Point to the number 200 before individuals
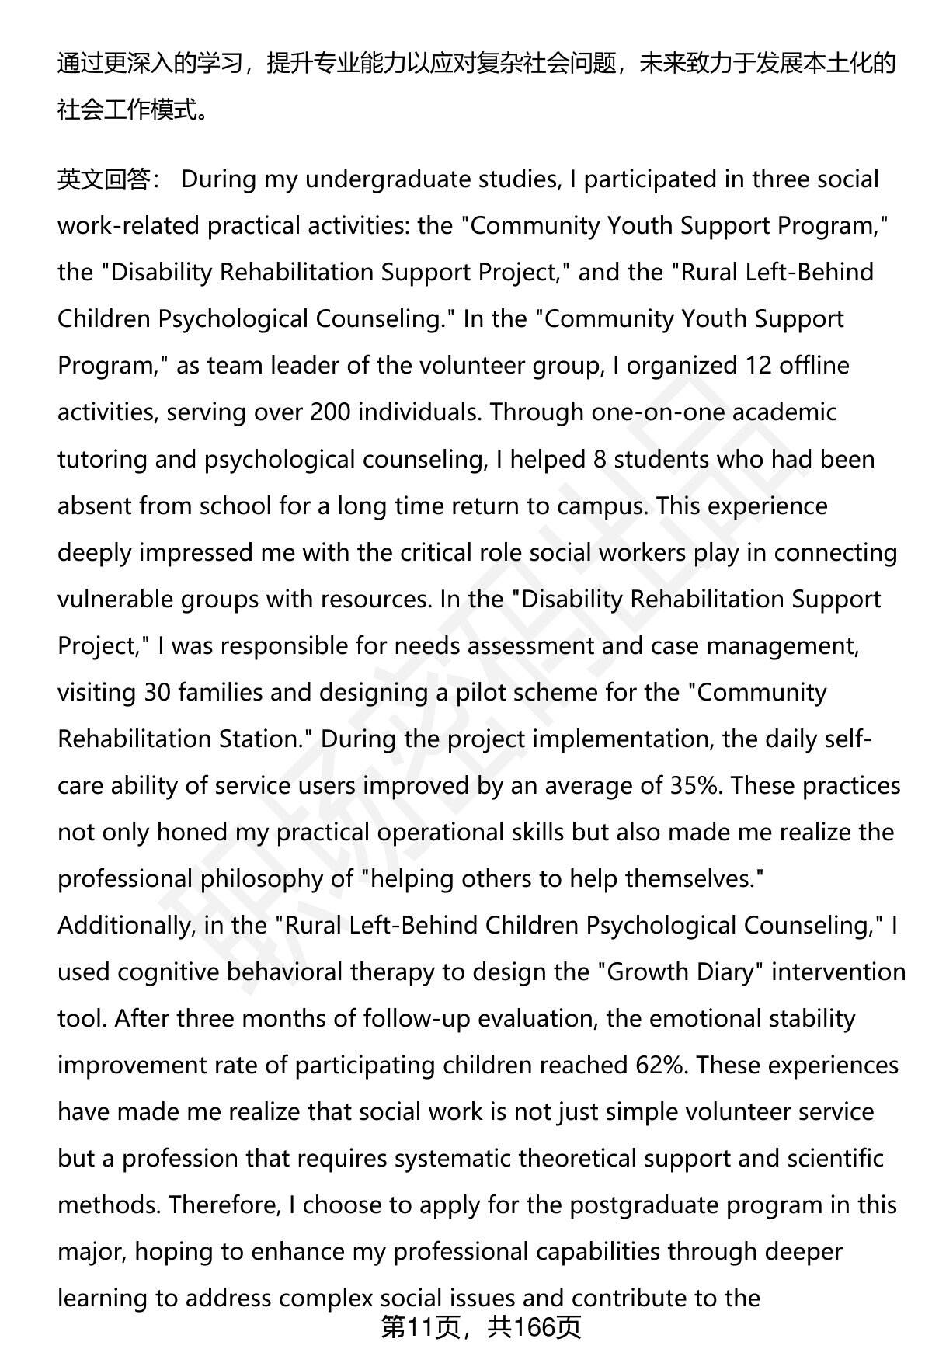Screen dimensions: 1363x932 point(330,412)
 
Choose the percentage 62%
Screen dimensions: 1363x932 point(660,1065)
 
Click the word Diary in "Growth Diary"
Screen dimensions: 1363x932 point(722,972)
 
